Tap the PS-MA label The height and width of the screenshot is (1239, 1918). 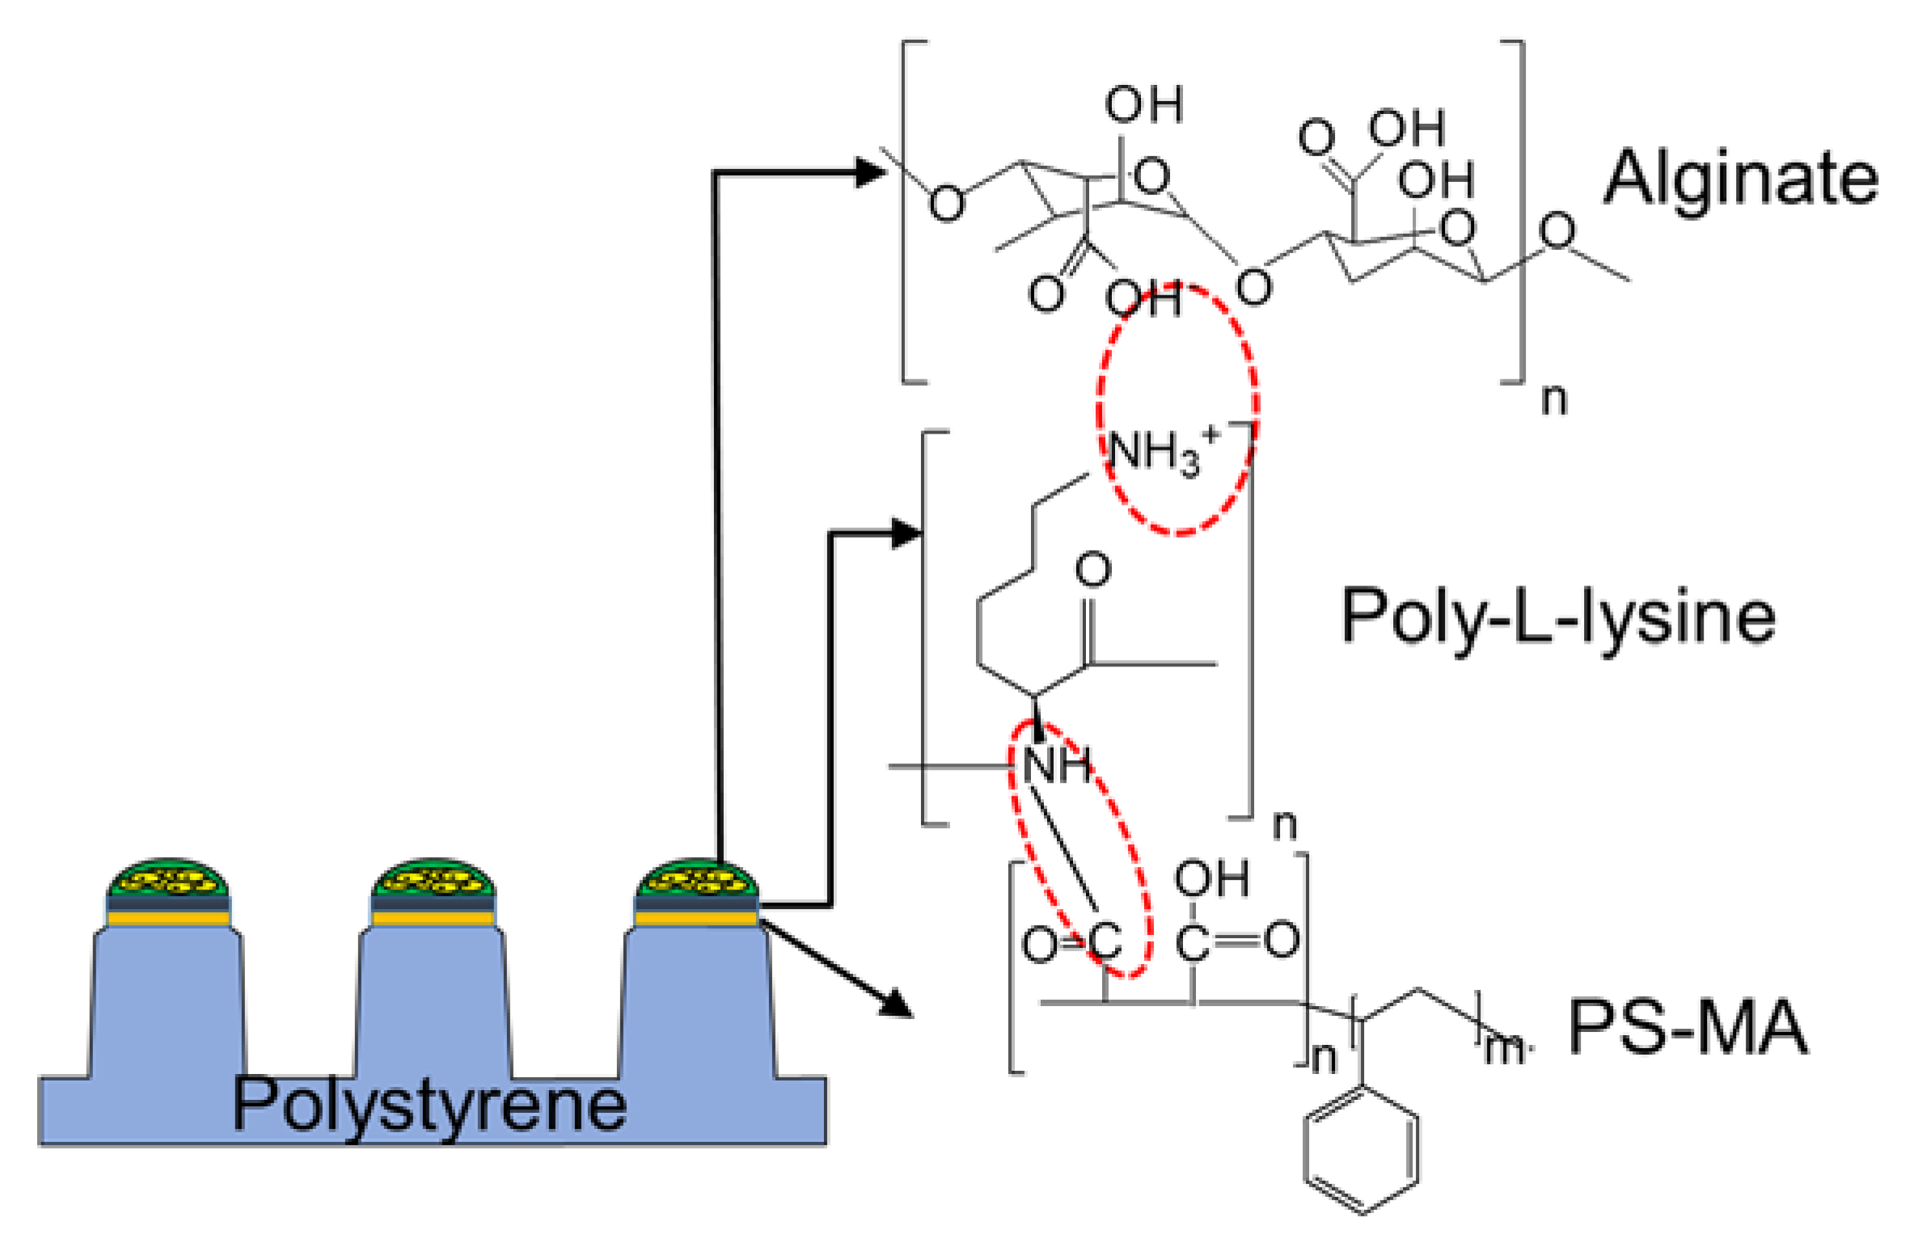(1687, 1027)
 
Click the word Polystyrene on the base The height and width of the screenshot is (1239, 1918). (429, 1105)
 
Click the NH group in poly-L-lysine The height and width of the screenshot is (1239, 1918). (1056, 764)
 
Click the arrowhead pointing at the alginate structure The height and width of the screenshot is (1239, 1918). (872, 171)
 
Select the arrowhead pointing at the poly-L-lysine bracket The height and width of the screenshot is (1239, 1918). (906, 533)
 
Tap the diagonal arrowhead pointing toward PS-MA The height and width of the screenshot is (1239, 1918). (896, 1003)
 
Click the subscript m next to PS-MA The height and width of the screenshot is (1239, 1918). (1504, 1049)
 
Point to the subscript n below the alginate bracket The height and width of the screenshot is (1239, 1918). (1553, 400)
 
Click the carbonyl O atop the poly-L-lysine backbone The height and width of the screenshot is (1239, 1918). (1092, 569)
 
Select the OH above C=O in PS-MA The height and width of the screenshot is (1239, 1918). (1211, 879)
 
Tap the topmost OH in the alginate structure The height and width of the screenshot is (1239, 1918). (1143, 104)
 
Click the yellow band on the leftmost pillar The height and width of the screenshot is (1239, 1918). (168, 919)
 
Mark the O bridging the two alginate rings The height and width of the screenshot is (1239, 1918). (1253, 287)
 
